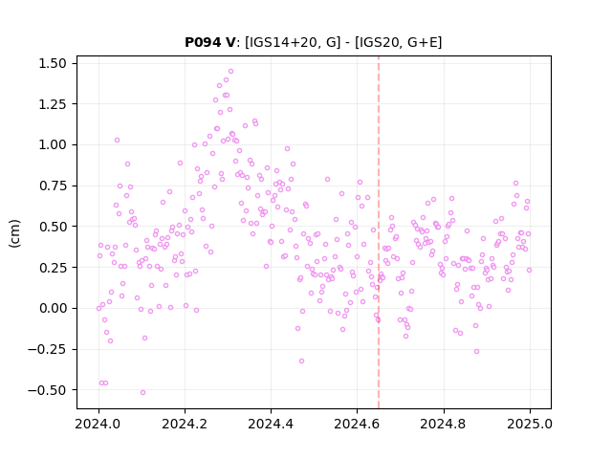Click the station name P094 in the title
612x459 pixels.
[204, 42]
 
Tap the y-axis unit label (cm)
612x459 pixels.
[14, 233]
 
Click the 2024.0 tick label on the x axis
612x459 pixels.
[98, 424]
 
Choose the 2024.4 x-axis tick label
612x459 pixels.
[271, 424]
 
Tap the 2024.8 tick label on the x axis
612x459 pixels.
[443, 424]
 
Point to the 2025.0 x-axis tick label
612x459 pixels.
[530, 424]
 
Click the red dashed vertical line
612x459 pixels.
[379, 232]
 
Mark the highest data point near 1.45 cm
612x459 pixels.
[230, 72]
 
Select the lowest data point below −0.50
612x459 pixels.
[142, 392]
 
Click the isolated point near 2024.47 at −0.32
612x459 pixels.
[301, 361]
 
